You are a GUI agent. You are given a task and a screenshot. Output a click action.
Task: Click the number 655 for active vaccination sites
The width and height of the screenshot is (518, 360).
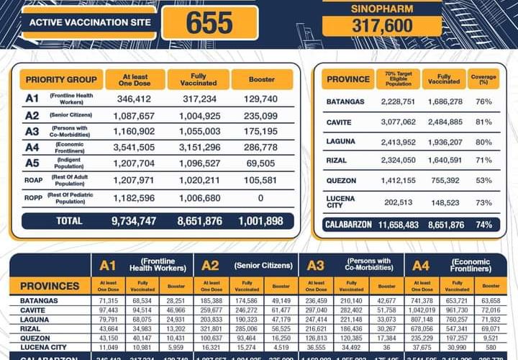(209, 22)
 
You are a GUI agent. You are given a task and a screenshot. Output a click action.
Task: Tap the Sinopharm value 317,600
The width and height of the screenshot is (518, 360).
(372, 26)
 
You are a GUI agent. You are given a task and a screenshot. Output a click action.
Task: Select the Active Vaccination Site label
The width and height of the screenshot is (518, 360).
(90, 22)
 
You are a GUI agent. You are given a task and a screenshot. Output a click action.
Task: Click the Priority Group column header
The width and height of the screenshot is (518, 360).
(61, 79)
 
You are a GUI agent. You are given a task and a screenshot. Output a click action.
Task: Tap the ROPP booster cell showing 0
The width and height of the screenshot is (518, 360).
(261, 198)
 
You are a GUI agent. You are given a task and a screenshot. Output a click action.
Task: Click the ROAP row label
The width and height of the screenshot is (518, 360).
(32, 181)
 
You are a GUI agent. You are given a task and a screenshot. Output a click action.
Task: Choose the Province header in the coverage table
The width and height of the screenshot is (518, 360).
(348, 79)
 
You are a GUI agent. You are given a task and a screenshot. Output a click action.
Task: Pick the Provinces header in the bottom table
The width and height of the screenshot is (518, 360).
(50, 286)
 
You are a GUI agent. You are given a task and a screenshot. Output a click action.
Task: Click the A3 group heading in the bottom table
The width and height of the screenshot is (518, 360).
(313, 266)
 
